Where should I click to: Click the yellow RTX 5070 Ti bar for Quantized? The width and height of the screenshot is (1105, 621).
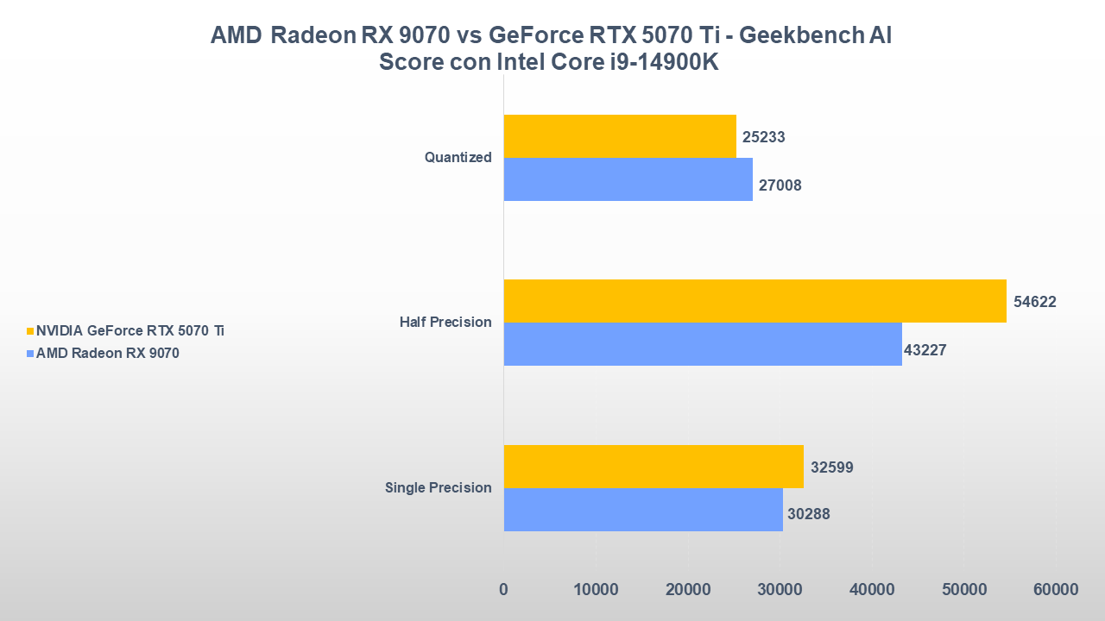coord(620,136)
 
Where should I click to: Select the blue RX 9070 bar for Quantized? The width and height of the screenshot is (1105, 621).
coord(628,179)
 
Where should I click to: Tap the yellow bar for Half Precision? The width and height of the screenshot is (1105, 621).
coord(755,301)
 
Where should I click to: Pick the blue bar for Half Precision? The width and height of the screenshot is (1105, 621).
coord(703,344)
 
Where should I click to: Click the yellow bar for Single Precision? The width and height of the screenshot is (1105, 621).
coord(654,467)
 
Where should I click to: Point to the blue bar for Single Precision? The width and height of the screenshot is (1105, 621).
coord(643,510)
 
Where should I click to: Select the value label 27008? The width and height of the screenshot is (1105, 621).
coord(780,185)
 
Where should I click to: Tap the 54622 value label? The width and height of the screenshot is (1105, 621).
coord(1035,302)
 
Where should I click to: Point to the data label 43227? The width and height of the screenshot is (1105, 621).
coord(925,350)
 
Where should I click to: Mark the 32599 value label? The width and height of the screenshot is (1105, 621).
coord(832,467)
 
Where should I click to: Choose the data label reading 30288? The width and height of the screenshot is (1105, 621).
coord(809,515)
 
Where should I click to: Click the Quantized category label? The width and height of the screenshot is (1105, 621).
coord(458,158)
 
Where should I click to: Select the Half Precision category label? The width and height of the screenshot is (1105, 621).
coord(445,323)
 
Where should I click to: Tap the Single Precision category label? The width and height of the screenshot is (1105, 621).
coord(438,488)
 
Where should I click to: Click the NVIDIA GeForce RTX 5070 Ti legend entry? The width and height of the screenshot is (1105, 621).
coord(130,330)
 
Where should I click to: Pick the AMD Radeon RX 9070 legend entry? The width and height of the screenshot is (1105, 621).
coord(108,352)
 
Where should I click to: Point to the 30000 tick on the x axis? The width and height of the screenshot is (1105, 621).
coord(780,590)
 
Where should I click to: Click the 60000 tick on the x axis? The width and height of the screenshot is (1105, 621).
coord(1056,590)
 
